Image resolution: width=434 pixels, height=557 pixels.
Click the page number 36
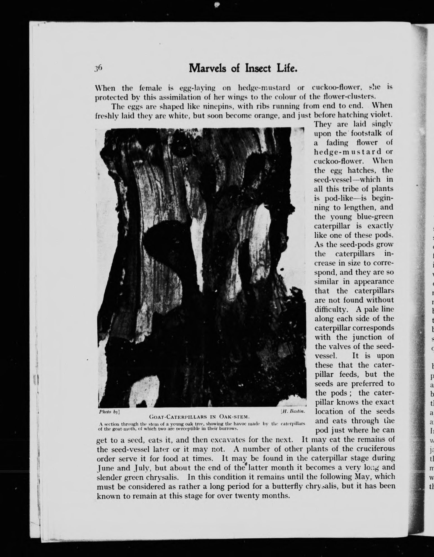click(x=99, y=68)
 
